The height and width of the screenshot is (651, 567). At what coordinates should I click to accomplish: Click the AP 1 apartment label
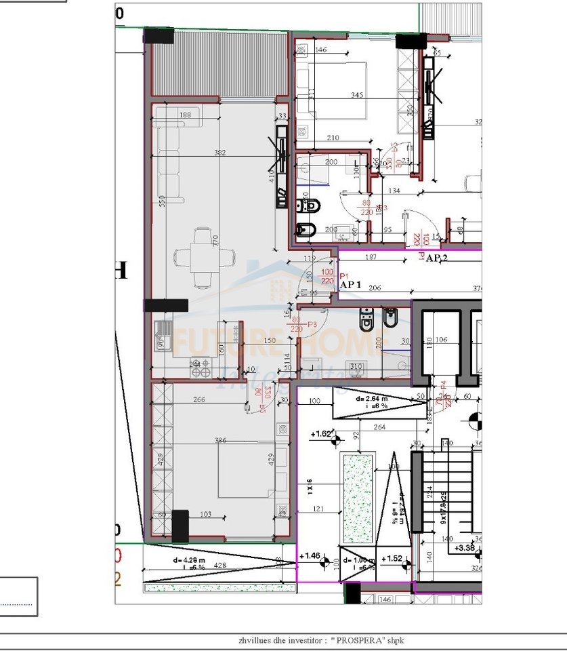pyautogui.click(x=351, y=286)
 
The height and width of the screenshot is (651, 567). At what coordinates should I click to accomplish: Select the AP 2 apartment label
pyautogui.click(x=437, y=258)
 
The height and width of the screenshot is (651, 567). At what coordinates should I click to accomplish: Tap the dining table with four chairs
pyautogui.click(x=205, y=258)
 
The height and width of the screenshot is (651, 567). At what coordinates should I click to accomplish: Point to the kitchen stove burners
pyautogui.click(x=200, y=367)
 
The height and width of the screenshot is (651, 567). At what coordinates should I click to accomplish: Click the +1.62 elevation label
pyautogui.click(x=322, y=433)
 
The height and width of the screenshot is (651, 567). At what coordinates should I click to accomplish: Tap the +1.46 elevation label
pyautogui.click(x=310, y=556)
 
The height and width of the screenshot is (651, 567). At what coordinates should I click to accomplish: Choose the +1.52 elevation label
pyautogui.click(x=392, y=559)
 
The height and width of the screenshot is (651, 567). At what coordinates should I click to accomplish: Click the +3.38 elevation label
pyautogui.click(x=465, y=548)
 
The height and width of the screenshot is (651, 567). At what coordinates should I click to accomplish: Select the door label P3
pyautogui.click(x=312, y=325)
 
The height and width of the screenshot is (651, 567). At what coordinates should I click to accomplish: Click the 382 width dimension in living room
pyautogui.click(x=219, y=153)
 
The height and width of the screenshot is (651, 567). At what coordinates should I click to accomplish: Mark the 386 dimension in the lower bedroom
pyautogui.click(x=219, y=441)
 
